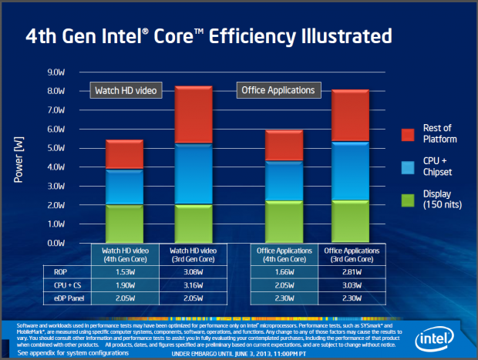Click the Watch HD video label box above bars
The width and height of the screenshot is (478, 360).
[x=125, y=91]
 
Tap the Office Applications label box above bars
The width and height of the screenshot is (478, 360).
[x=277, y=90]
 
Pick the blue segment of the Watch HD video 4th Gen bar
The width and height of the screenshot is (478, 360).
[x=124, y=187]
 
